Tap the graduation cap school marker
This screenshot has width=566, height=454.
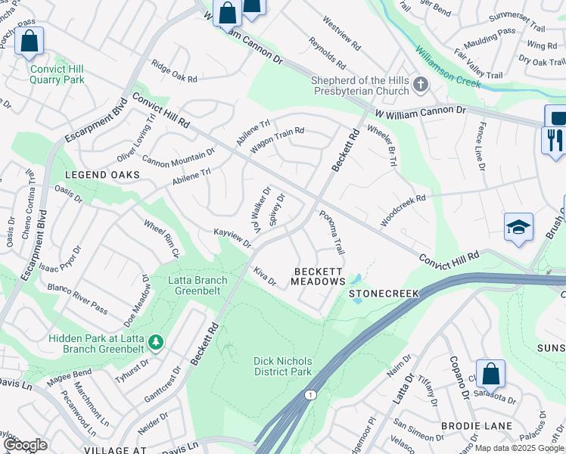[x=518, y=227]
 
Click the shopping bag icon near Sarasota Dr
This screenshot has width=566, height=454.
[x=491, y=373]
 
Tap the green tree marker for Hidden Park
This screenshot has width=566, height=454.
[x=156, y=342]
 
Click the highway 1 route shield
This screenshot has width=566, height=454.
[x=309, y=395]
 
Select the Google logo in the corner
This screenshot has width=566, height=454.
[x=25, y=445]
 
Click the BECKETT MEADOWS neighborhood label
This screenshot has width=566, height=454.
[x=319, y=276]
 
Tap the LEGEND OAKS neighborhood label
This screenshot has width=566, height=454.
[x=103, y=175]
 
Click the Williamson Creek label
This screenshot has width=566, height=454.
[x=447, y=67]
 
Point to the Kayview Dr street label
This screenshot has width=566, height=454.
[x=232, y=238]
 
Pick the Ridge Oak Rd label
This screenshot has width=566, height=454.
[x=174, y=73]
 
